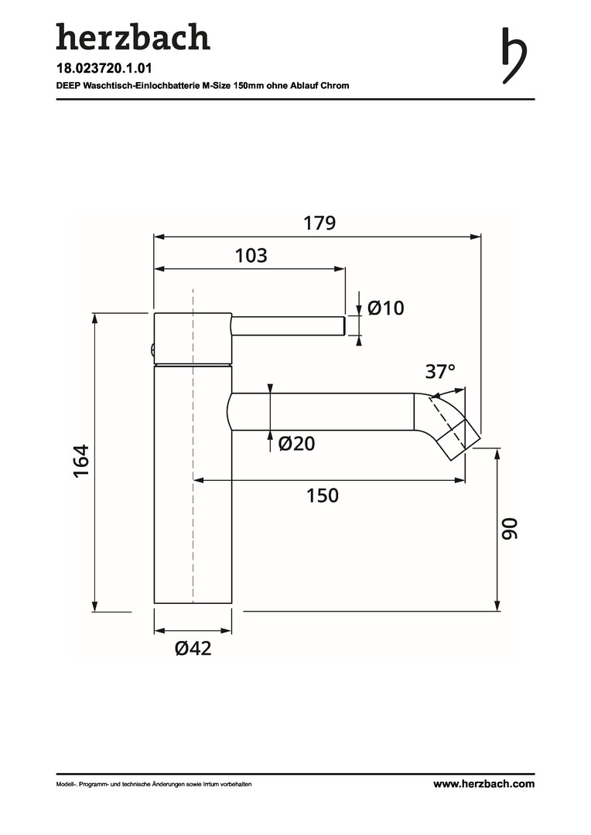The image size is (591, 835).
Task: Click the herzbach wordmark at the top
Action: (x=132, y=37)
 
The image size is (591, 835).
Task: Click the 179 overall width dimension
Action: (x=319, y=223)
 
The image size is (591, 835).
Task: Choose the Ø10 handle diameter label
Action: (x=386, y=308)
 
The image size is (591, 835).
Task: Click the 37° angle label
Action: (x=440, y=372)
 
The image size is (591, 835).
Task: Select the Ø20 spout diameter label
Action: (x=297, y=444)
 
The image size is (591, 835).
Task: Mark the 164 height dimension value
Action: (x=83, y=461)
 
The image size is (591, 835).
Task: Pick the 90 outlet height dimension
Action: (x=508, y=530)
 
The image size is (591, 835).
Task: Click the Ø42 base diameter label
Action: (x=193, y=649)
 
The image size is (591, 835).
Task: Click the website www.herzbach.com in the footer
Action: (x=483, y=784)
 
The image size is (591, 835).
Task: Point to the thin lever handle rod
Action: (x=287, y=325)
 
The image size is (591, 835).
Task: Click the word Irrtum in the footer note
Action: (x=213, y=785)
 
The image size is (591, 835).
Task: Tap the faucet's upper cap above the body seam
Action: (x=193, y=338)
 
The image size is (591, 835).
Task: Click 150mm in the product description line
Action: (x=250, y=86)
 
